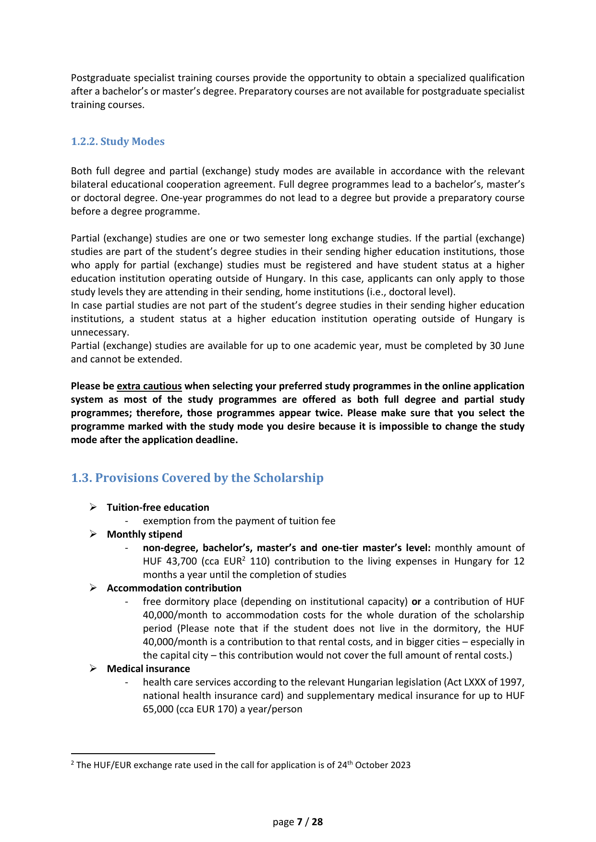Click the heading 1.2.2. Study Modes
point(118,142)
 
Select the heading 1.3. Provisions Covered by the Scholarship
point(197,478)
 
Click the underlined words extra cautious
point(149,386)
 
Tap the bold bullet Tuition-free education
point(158,507)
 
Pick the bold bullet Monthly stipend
point(145,534)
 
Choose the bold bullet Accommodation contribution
point(174,588)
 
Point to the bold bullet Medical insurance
point(148,669)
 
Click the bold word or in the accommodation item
point(416,601)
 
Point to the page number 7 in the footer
point(300,822)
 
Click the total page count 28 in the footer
point(317,822)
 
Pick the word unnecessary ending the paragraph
point(100,332)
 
